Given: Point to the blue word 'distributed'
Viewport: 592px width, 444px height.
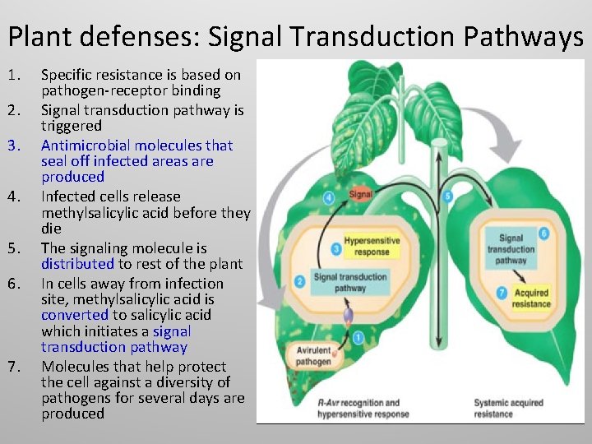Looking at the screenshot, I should [78, 264].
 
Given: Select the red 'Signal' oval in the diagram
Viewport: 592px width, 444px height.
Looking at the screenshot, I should [360, 195].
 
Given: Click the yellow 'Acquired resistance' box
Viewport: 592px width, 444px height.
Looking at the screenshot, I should [530, 298].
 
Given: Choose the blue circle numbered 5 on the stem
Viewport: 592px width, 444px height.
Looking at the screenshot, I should [447, 197].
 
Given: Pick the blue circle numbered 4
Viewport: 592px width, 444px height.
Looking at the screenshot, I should [329, 197].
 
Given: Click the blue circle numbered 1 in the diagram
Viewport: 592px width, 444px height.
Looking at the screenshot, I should [358, 337].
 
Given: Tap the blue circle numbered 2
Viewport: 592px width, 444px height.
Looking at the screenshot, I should [300, 282].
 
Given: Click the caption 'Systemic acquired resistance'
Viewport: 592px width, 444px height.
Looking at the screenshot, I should [508, 408].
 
